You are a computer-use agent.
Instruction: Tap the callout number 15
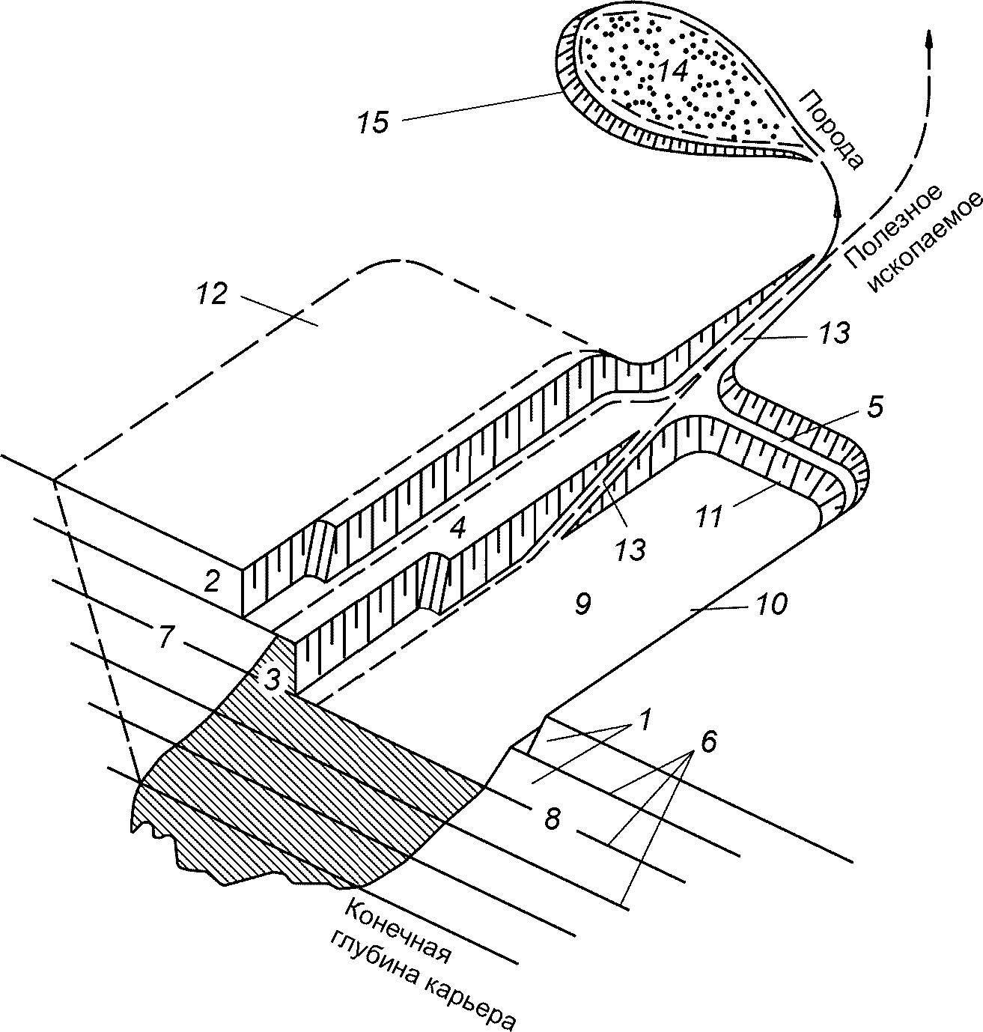coord(373,122)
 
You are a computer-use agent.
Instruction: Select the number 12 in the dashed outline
coord(211,295)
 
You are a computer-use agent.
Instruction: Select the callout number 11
coord(708,516)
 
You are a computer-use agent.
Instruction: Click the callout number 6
coord(708,742)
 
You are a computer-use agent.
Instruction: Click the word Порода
coord(832,127)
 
